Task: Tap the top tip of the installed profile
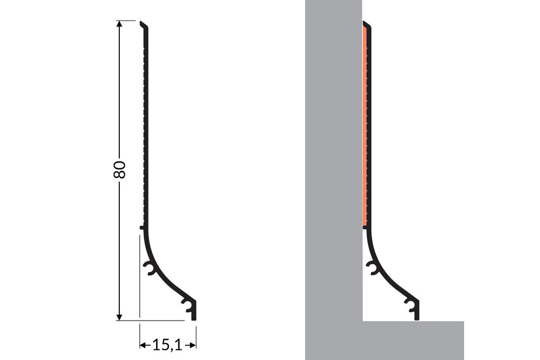pyautogui.click(x=365, y=24)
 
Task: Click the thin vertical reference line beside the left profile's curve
pyautogui.click(x=140, y=275)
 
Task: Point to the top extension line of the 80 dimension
pyautogui.click(x=128, y=21)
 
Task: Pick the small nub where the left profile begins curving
pyautogui.click(x=141, y=228)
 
